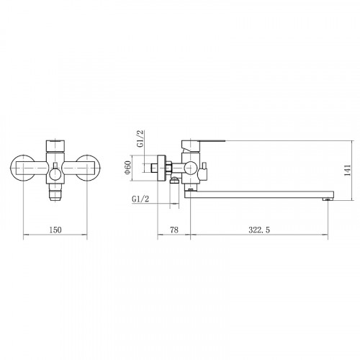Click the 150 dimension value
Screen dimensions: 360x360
55,230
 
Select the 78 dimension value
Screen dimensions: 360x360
174,230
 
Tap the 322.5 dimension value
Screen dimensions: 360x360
259,230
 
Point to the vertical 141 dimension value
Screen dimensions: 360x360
348,171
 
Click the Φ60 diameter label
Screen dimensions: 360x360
127,167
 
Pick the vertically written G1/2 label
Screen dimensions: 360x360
140,138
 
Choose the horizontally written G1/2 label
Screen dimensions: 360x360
140,199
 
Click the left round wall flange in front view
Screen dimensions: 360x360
22,167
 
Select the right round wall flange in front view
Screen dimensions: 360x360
88,167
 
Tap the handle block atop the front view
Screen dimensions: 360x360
55,145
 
